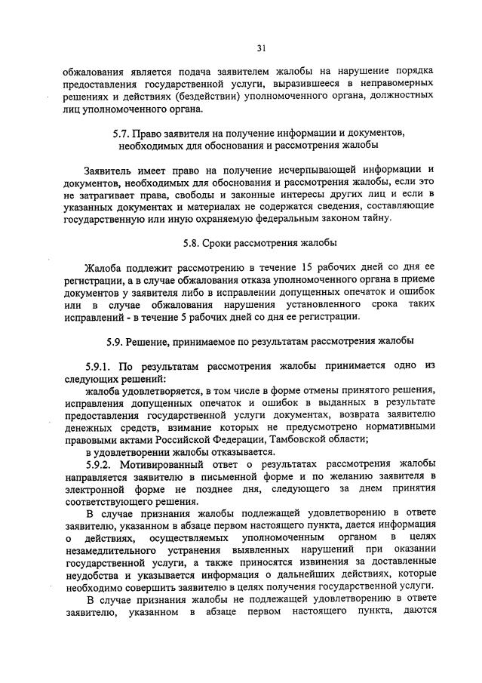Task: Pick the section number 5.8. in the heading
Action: click(x=195, y=243)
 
